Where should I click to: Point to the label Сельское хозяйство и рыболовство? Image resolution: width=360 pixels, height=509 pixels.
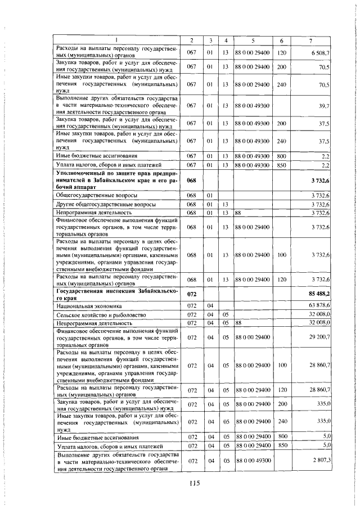click(x=98, y=314)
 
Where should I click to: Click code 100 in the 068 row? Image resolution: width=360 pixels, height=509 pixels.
click(x=282, y=255)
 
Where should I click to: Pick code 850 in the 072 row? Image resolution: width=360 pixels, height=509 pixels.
click(x=282, y=445)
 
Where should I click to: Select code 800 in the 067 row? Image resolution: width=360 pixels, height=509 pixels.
click(x=282, y=155)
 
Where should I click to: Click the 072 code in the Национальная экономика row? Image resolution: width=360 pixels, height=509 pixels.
click(x=191, y=306)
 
